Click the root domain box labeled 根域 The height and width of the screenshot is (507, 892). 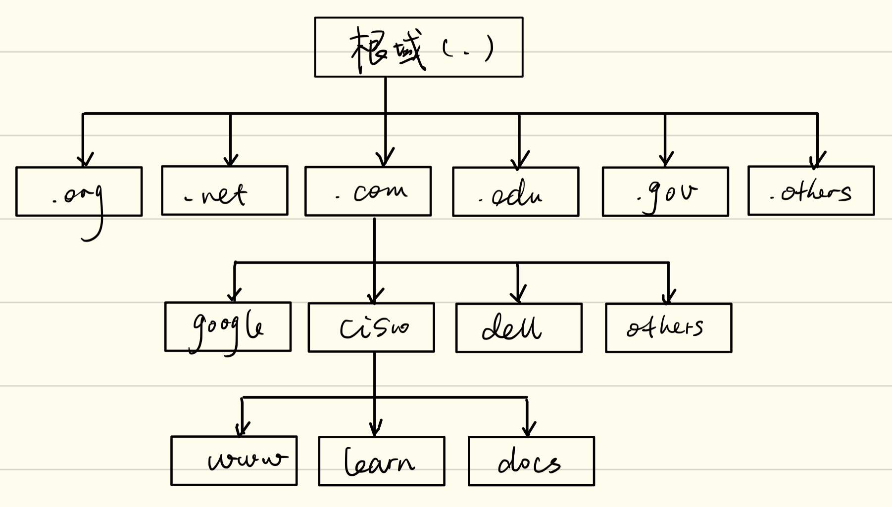click(x=418, y=47)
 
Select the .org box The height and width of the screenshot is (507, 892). click(x=79, y=191)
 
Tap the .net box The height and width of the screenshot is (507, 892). click(x=224, y=190)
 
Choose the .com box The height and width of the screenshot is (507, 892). click(x=368, y=191)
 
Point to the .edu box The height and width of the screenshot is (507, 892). click(x=515, y=191)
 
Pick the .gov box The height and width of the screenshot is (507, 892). click(x=665, y=191)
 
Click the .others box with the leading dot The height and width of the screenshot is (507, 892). click(x=811, y=190)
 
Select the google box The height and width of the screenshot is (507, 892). click(x=228, y=326)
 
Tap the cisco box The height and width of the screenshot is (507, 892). click(x=371, y=327)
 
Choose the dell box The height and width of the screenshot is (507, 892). click(x=519, y=327)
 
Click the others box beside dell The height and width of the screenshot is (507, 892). click(x=668, y=327)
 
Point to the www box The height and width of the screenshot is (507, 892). click(x=234, y=461)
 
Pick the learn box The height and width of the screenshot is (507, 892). click(x=381, y=461)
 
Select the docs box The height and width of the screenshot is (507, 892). click(x=531, y=461)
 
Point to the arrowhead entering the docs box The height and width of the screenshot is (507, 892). click(x=529, y=430)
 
